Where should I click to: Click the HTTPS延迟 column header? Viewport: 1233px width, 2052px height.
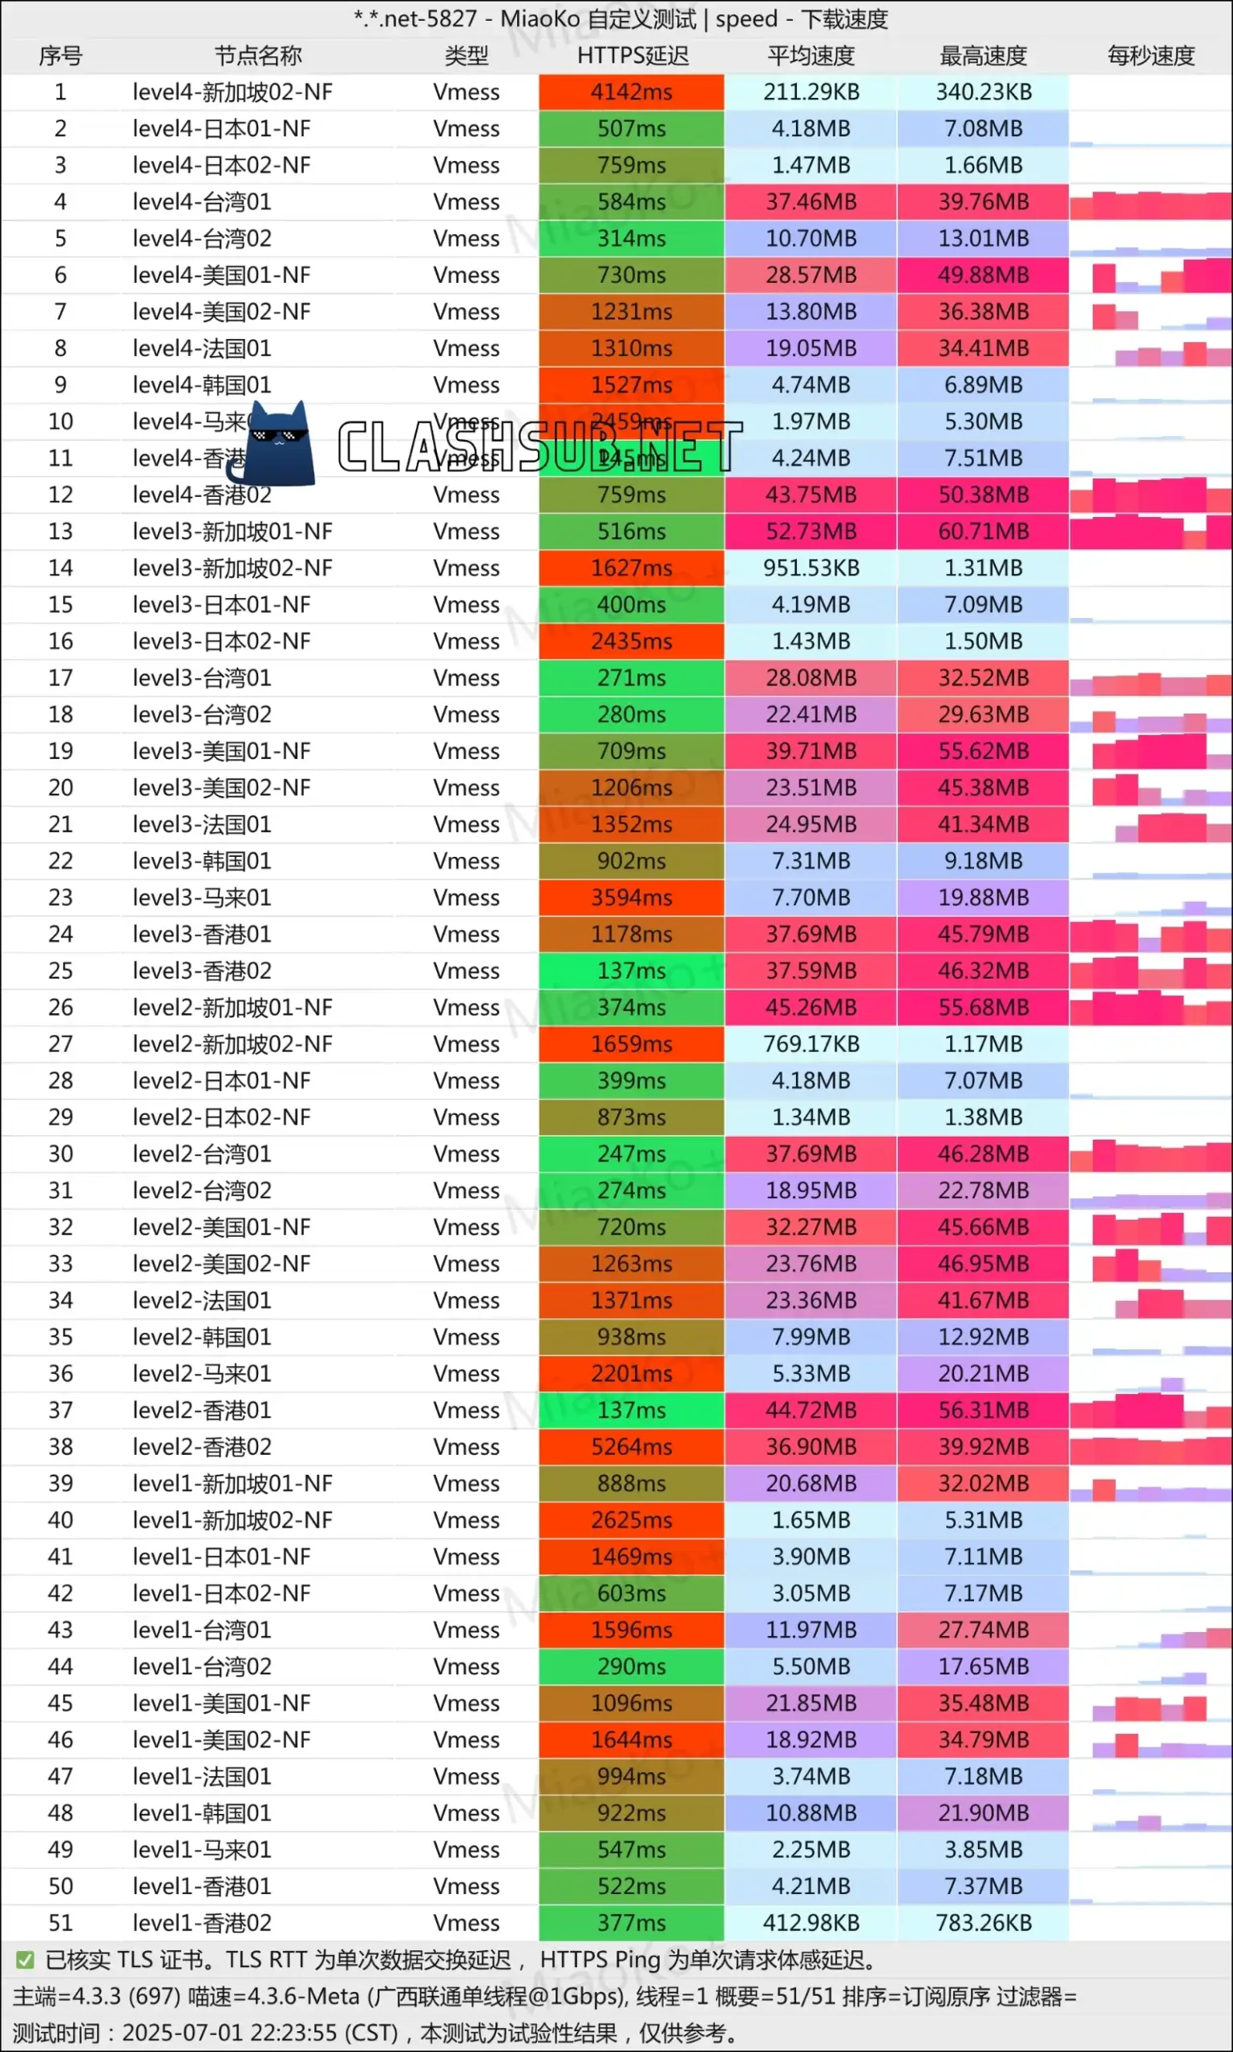[x=633, y=55]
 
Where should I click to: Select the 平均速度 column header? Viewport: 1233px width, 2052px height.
[x=811, y=55]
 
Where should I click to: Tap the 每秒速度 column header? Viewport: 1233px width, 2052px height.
[x=1150, y=55]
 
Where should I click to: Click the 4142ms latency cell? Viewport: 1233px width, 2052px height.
[x=632, y=92]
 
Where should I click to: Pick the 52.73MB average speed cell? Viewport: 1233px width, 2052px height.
[x=811, y=531]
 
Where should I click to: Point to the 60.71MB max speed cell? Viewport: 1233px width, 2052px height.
[x=983, y=531]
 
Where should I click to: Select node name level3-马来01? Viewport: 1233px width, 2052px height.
[x=202, y=898]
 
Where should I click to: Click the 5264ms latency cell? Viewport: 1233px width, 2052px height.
[x=632, y=1447]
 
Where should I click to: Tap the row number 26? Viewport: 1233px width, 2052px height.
[x=61, y=1008]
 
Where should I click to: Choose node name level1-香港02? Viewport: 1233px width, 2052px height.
[x=202, y=1923]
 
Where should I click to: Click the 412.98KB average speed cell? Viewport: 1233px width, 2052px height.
[x=811, y=1923]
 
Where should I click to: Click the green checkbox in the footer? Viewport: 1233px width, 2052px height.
[x=25, y=1961]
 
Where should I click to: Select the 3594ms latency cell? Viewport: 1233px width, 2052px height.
[x=632, y=898]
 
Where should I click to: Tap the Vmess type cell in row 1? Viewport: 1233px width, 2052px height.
[x=466, y=92]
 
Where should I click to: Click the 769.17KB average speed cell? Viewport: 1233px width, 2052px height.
[x=811, y=1044]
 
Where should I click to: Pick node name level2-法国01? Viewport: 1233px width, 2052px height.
[x=202, y=1301]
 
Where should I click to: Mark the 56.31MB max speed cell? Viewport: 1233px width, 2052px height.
[x=983, y=1411]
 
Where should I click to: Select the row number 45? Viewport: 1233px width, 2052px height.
[x=61, y=1703]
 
